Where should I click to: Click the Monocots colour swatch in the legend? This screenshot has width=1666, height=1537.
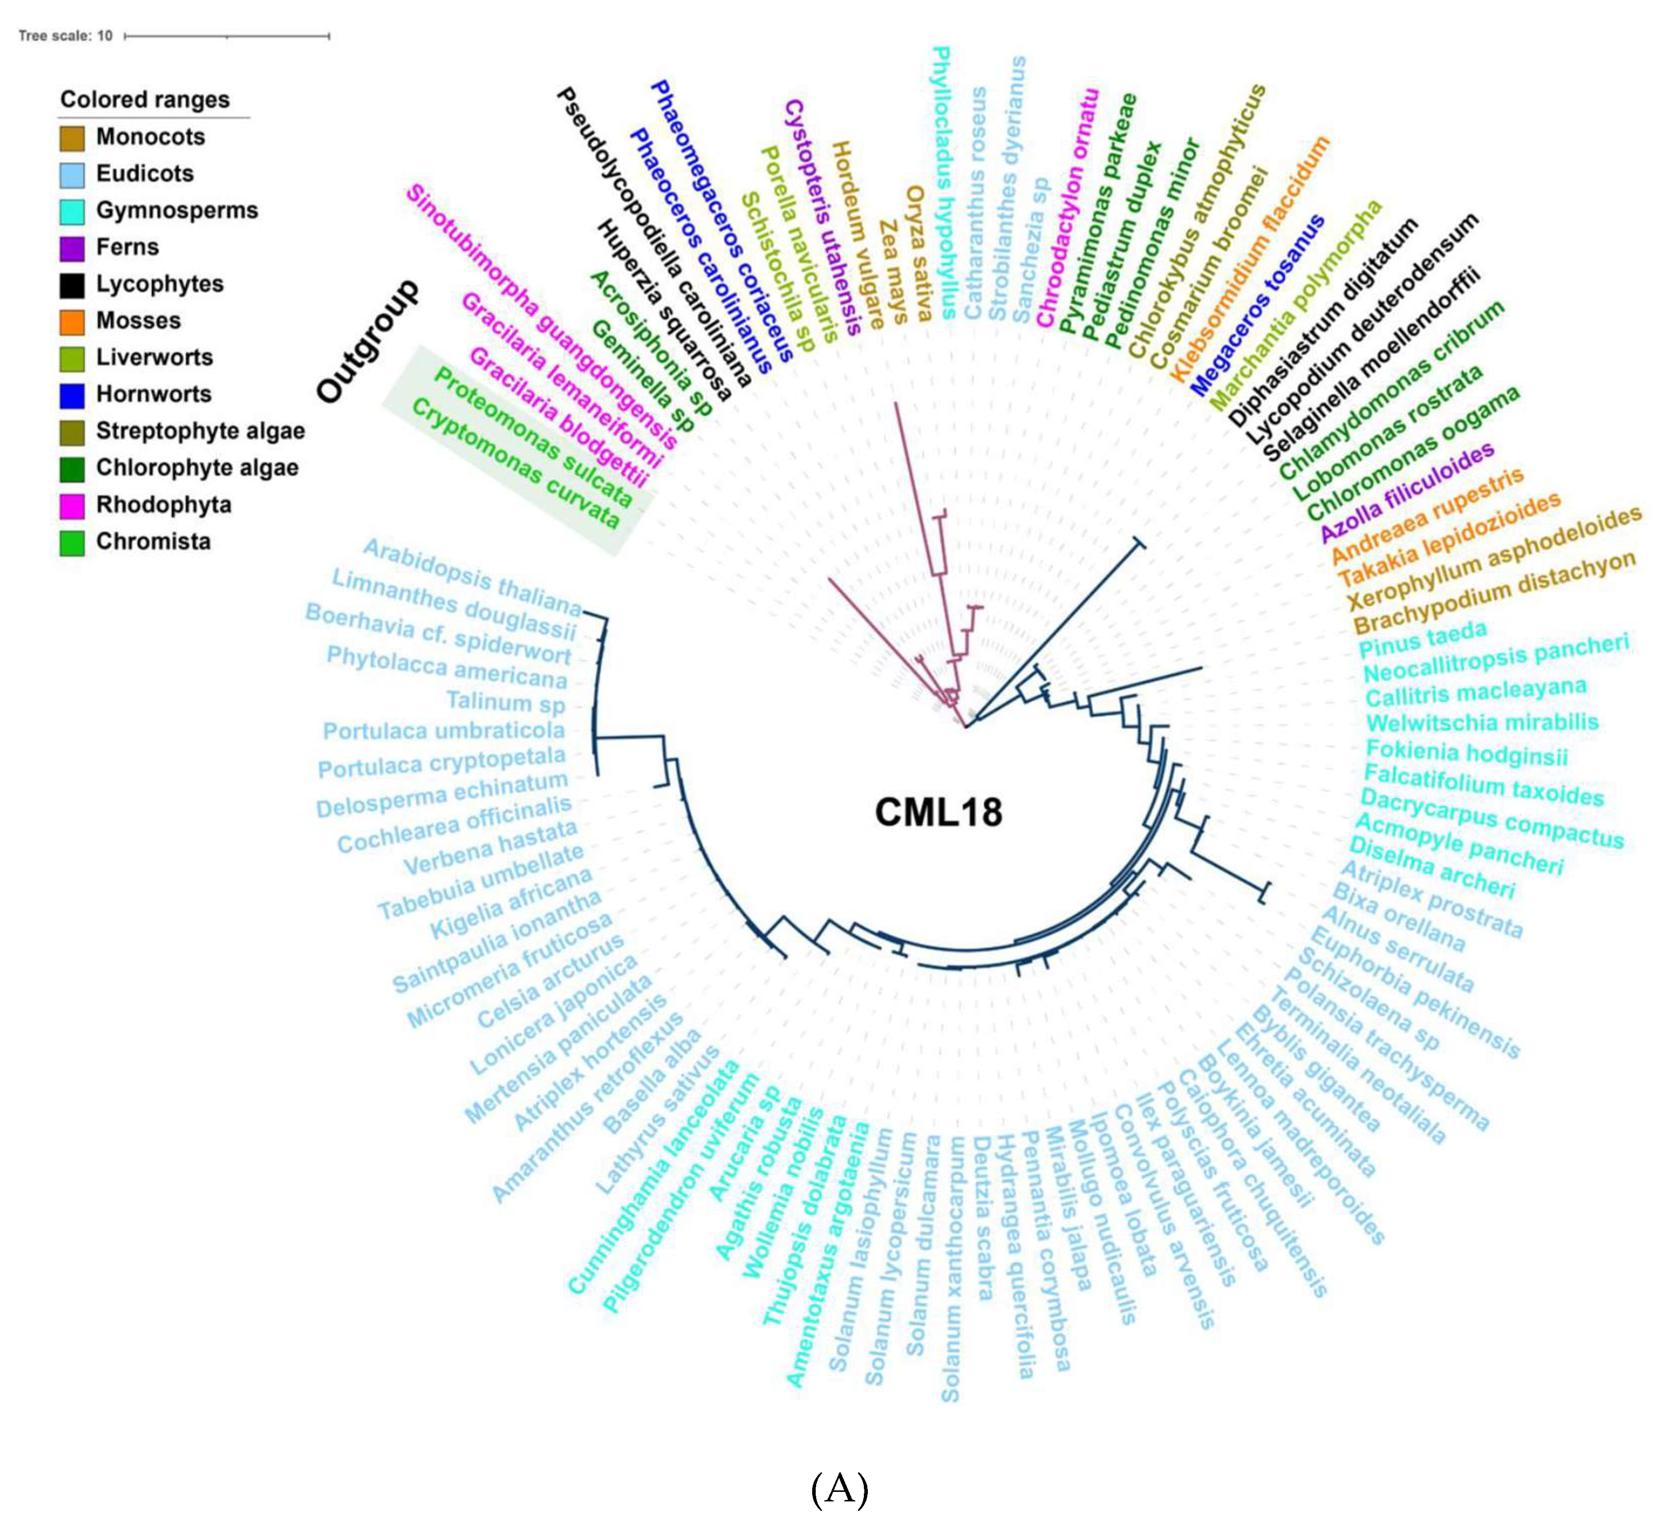pyautogui.click(x=72, y=138)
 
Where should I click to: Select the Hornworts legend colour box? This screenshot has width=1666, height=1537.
pyautogui.click(x=72, y=395)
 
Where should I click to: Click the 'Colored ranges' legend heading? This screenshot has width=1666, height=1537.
pyautogui.click(x=145, y=100)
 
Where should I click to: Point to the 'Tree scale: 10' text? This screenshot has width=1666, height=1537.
pyautogui.click(x=65, y=36)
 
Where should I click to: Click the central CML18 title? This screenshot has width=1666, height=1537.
pyautogui.click(x=938, y=812)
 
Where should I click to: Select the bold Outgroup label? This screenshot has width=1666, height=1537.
pyautogui.click(x=367, y=340)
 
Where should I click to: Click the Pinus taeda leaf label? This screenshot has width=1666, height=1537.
pyautogui.click(x=1422, y=639)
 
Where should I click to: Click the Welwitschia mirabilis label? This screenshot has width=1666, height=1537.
pyautogui.click(x=1482, y=722)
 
